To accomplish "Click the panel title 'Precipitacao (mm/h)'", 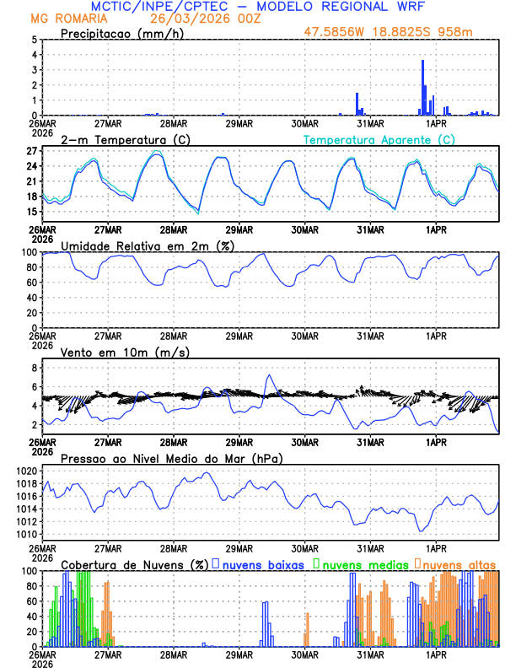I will coord(118,33).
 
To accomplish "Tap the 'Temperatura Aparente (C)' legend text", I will coord(379,139).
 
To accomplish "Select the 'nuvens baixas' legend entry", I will coord(261,563).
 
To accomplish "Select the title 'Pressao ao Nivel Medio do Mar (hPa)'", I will coord(171,458).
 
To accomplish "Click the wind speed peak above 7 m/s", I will coord(270,375).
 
